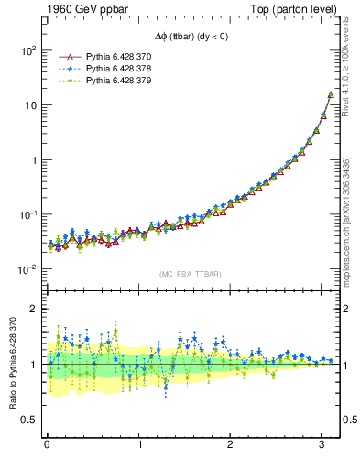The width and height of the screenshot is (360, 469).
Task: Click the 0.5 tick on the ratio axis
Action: pos(27,420)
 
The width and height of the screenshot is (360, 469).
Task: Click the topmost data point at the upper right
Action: pos(331,93)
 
